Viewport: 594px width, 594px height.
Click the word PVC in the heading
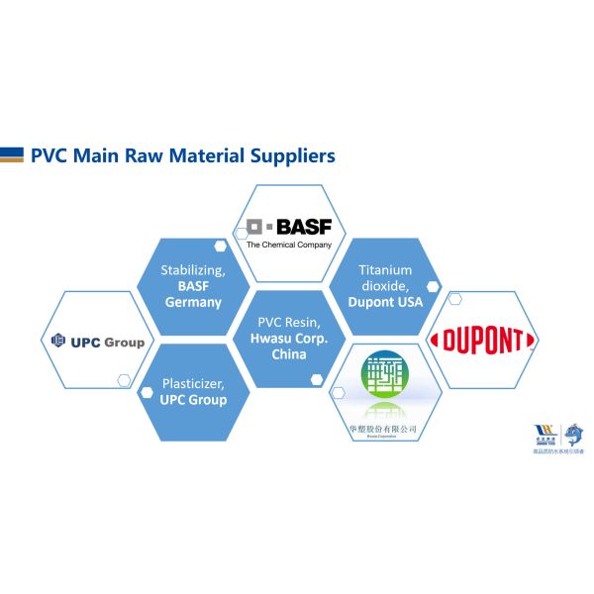(x=50, y=155)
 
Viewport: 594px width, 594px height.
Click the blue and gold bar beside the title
(x=12, y=154)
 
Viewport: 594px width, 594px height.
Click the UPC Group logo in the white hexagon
(x=98, y=342)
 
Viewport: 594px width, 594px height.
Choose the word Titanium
(x=385, y=269)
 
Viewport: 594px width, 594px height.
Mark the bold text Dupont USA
(x=385, y=303)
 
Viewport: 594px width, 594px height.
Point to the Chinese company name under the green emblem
(x=383, y=428)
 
